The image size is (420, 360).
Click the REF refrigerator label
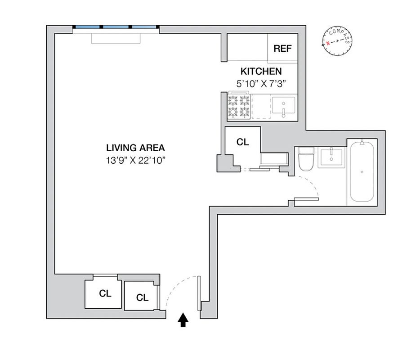[x=282, y=49]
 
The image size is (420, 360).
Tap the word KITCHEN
[x=261, y=72]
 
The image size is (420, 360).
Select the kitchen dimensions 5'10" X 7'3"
[x=261, y=83]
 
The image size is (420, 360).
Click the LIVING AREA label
[x=135, y=148]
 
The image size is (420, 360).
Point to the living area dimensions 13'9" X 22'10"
[x=135, y=160]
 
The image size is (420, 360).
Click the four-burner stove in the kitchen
[x=239, y=106]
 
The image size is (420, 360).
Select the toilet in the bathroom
[x=306, y=160]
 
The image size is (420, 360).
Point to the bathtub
[x=362, y=172]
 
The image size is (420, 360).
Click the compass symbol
[x=337, y=40]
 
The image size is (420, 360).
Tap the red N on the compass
[x=328, y=43]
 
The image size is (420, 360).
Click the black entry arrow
[x=183, y=320]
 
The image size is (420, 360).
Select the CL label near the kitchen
[x=242, y=142]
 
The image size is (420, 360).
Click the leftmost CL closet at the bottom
[x=105, y=294]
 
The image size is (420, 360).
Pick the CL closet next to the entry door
[x=142, y=297]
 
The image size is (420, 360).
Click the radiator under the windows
[x=116, y=39]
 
